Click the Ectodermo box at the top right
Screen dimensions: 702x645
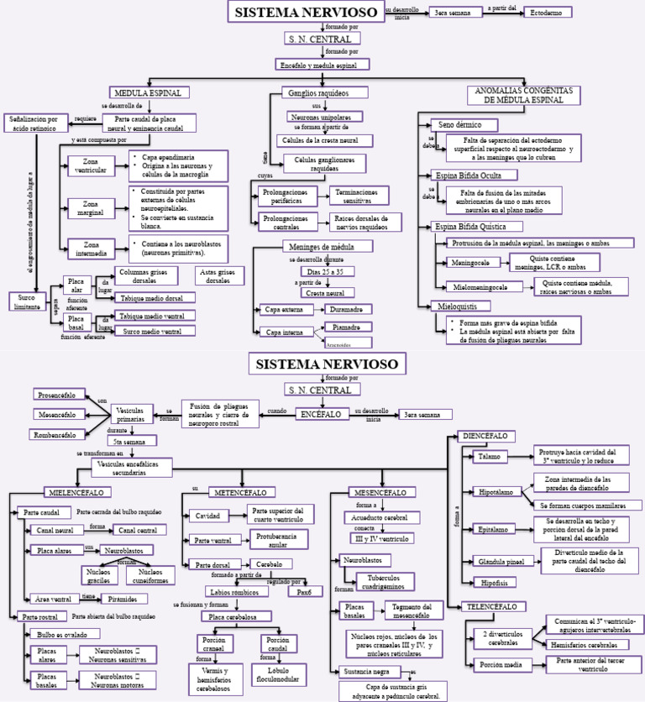click(547, 13)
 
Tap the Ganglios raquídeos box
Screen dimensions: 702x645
click(317, 92)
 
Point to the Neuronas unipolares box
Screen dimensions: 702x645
click(325, 117)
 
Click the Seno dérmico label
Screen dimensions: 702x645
click(459, 124)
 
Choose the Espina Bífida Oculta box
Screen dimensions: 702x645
click(469, 175)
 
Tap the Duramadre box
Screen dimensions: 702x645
click(346, 310)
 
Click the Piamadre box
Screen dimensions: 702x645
click(346, 327)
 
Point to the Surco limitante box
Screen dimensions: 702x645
click(28, 301)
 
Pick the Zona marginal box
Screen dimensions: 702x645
click(88, 207)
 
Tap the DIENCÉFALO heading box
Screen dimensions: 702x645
click(484, 437)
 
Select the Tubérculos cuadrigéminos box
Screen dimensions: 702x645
click(384, 581)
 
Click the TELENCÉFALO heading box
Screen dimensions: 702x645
click(492, 605)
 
